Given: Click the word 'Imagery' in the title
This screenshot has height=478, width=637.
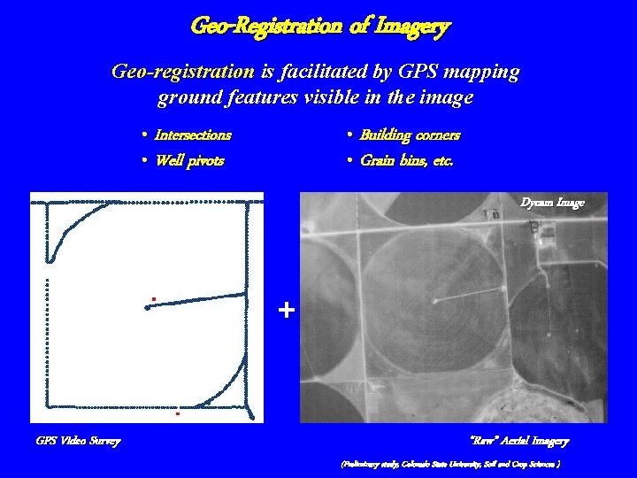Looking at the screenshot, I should (x=413, y=27).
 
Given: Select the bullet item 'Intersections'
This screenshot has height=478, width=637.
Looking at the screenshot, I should (x=192, y=135).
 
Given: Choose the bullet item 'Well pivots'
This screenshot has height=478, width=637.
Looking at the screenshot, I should (x=188, y=161).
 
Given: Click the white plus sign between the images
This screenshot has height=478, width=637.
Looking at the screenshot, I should (x=286, y=311).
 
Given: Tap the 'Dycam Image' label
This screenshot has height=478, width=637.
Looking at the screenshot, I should (x=552, y=203).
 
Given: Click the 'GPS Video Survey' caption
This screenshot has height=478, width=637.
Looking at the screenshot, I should (x=78, y=441).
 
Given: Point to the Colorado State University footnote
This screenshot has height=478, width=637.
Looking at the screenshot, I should (x=451, y=464).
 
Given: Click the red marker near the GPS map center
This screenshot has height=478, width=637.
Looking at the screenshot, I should (x=153, y=299).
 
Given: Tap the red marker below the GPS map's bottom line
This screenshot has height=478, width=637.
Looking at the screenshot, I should (x=177, y=413).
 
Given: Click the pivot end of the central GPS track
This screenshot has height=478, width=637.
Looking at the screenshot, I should (x=147, y=307).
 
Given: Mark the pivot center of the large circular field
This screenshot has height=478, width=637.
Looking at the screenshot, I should (x=434, y=301).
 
